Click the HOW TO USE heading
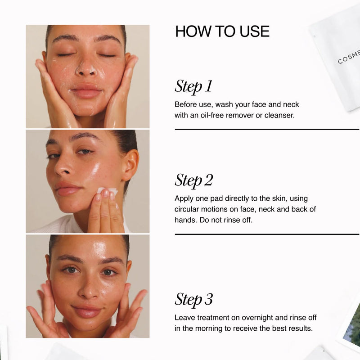click(222, 31)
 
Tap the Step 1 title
click(193, 86)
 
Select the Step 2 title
click(194, 180)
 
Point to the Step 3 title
click(194, 300)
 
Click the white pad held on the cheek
click(108, 190)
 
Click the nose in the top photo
click(86, 67)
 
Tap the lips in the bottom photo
click(86, 310)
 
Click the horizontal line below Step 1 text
click(267, 130)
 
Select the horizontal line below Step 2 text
click(267, 234)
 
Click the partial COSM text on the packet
click(348, 58)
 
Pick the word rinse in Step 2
click(232, 220)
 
